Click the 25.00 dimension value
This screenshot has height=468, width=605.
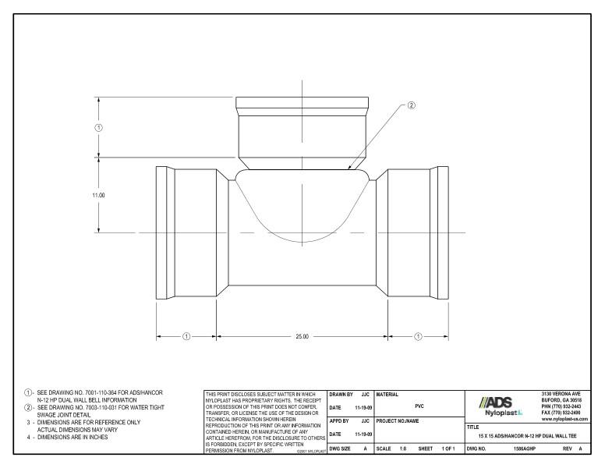[x=302, y=336]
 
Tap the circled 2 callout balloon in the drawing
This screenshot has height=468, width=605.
[x=412, y=106]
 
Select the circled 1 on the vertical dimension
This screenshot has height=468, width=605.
[x=99, y=127]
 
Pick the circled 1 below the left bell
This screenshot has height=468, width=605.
[x=186, y=336]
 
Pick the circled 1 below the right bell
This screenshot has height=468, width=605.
[x=418, y=336]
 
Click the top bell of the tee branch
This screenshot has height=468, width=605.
[x=302, y=105]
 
